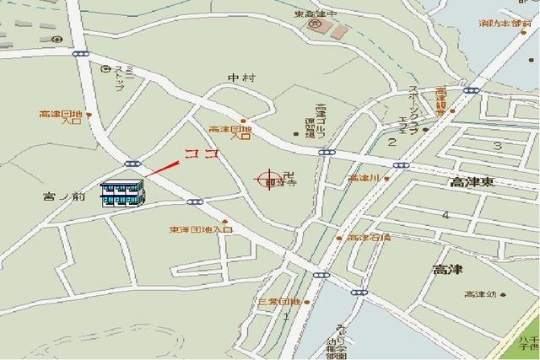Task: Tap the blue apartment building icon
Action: [123, 193]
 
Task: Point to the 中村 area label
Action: [241, 78]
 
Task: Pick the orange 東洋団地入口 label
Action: [200, 229]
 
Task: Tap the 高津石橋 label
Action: [370, 238]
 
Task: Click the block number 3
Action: [498, 146]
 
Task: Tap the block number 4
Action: [445, 215]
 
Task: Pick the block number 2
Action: [392, 142]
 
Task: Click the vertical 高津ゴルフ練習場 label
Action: [321, 124]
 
